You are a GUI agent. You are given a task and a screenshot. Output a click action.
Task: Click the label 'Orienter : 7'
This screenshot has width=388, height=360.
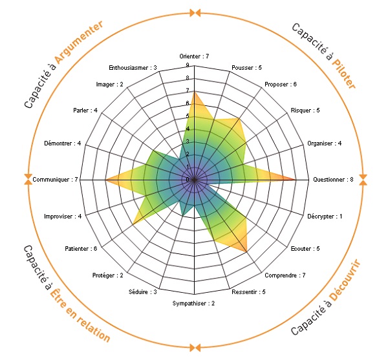[194, 56]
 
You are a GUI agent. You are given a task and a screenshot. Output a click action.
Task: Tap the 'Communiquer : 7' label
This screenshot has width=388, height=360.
[55, 180]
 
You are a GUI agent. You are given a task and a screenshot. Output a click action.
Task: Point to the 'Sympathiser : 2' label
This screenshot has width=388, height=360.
[193, 303]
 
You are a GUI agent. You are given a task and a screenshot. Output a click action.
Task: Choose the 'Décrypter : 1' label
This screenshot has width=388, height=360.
[325, 217]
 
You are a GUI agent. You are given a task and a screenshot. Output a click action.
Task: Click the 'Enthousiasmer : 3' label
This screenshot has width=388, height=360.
[133, 68]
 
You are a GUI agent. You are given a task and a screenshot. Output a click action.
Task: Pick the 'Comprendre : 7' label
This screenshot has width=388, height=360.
[285, 275]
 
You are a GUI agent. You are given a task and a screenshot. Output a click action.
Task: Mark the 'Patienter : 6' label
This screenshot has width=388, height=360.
[81, 248]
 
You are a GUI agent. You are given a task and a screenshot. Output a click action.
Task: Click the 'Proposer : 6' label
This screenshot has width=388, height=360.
[281, 84]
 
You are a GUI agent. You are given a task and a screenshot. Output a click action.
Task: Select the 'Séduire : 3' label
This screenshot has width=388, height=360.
[143, 292]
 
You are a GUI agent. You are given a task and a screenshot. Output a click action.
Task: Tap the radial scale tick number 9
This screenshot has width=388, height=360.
[188, 65]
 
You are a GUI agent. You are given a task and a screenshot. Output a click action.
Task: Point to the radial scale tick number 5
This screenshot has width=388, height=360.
[188, 116]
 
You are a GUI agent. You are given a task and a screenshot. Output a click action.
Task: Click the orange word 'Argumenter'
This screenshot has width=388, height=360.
[79, 42]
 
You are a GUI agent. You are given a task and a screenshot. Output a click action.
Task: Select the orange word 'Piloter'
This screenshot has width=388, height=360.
[344, 74]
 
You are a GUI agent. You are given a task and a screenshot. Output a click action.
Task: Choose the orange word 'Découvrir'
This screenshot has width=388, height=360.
[345, 280]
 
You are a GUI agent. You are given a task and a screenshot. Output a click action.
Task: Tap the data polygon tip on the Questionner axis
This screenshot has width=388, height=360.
[296, 180]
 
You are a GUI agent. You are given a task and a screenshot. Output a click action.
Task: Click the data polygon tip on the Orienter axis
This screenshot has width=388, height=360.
[194, 91]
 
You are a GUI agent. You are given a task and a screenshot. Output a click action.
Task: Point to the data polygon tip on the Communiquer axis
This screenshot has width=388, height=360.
[105, 180]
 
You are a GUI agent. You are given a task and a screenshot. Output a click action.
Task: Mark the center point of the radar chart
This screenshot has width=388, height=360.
[194, 180]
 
